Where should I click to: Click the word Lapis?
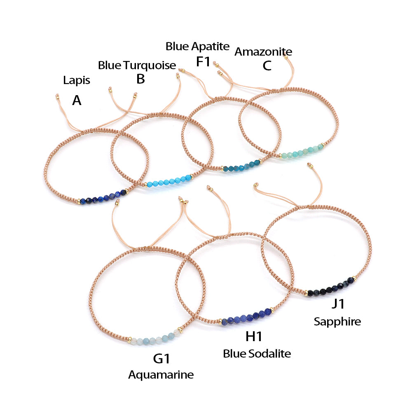(x=77, y=80)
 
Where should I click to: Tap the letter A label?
(x=77, y=100)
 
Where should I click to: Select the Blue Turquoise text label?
(x=137, y=65)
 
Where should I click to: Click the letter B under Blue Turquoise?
(x=140, y=79)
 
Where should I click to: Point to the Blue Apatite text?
(x=197, y=47)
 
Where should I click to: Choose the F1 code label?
(x=203, y=62)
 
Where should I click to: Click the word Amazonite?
(x=263, y=52)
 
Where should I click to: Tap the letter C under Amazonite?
(x=267, y=66)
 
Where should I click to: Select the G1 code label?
(x=162, y=358)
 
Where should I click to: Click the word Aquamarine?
(x=161, y=375)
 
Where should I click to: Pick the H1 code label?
(x=254, y=337)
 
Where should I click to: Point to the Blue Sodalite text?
(x=257, y=353)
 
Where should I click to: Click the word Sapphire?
(x=337, y=321)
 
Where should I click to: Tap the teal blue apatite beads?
(x=242, y=166)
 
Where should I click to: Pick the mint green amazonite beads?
(x=302, y=152)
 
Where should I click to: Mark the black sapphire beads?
(x=331, y=286)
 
